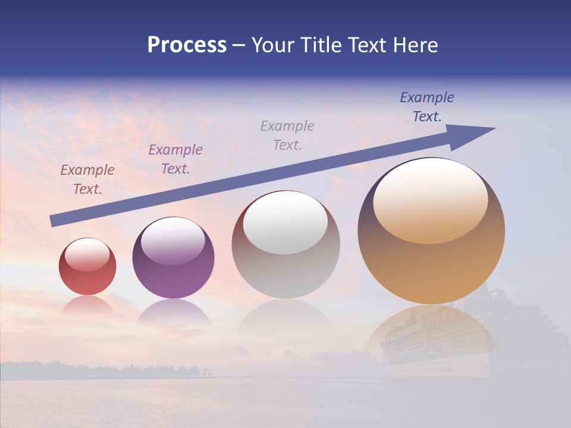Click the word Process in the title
187,45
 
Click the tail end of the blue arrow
54,221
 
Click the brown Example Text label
87,179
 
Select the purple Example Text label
175,159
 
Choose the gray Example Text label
287,135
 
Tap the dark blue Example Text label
427,107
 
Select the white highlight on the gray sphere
285,224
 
